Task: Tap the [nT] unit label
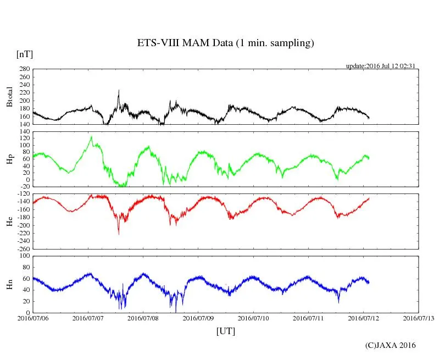point(24,54)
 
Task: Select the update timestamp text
point(380,66)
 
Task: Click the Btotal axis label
point(9,97)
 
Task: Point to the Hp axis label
point(9,159)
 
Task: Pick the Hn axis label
point(9,284)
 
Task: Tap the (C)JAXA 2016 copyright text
point(391,345)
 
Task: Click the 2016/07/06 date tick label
point(33,318)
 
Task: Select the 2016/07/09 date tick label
point(198,318)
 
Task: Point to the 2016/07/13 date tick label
point(418,318)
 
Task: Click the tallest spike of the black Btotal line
point(118,91)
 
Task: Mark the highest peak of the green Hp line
point(91,137)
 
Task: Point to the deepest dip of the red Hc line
point(119,234)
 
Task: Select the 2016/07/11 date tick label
point(308,318)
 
